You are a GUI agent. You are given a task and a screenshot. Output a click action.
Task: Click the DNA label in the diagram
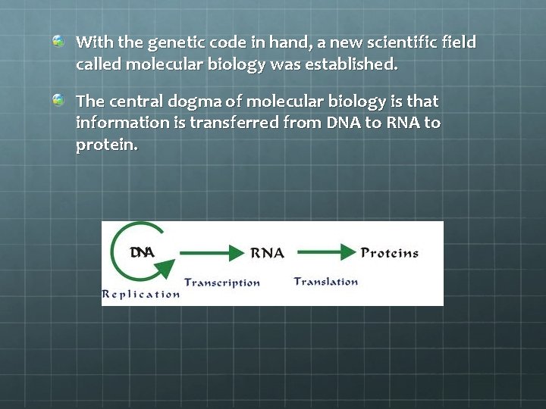coord(142,252)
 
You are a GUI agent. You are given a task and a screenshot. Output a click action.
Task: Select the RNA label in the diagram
coord(267,253)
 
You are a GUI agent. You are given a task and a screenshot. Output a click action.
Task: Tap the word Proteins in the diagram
coord(390,253)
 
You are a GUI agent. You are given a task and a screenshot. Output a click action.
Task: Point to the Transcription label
coord(221,283)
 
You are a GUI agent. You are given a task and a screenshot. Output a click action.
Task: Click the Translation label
coord(326,282)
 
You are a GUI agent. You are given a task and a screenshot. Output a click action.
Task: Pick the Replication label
coord(141,294)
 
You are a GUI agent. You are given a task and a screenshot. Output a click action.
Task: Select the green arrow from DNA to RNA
coord(209,252)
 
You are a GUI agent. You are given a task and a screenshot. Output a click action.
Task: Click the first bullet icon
coord(58,41)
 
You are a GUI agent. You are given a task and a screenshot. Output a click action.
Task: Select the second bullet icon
coord(58,99)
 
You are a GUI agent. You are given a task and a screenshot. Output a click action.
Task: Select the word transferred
coord(234,123)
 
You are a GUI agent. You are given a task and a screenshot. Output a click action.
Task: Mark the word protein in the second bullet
coord(106,145)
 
